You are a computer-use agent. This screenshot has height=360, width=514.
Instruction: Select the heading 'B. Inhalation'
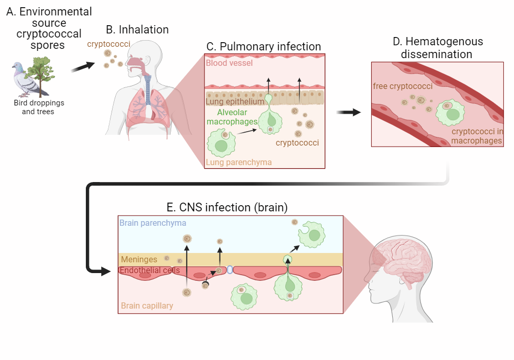[x=137, y=30]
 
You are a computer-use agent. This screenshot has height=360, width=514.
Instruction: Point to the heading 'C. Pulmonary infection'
[x=264, y=46]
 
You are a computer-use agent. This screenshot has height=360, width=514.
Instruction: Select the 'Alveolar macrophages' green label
[x=232, y=117]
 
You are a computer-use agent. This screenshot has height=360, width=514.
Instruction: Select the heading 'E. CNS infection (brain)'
[x=227, y=207]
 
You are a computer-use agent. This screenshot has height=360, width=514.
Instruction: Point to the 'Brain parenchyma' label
[x=153, y=223]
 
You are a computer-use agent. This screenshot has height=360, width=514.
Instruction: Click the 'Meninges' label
[x=139, y=260]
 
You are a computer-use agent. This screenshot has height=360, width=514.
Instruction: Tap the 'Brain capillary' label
[x=147, y=305]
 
